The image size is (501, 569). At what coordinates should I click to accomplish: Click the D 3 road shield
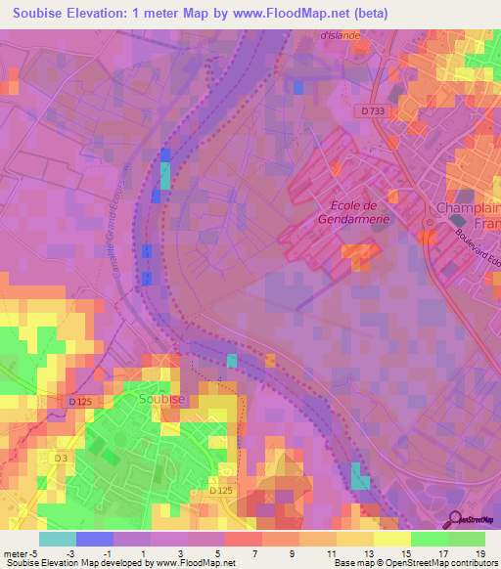click(x=60, y=458)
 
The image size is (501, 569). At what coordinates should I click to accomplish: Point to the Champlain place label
click(x=465, y=208)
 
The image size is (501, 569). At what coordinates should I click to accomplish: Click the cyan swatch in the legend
click(x=57, y=539)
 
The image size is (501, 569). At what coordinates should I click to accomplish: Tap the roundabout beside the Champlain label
click(x=428, y=236)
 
